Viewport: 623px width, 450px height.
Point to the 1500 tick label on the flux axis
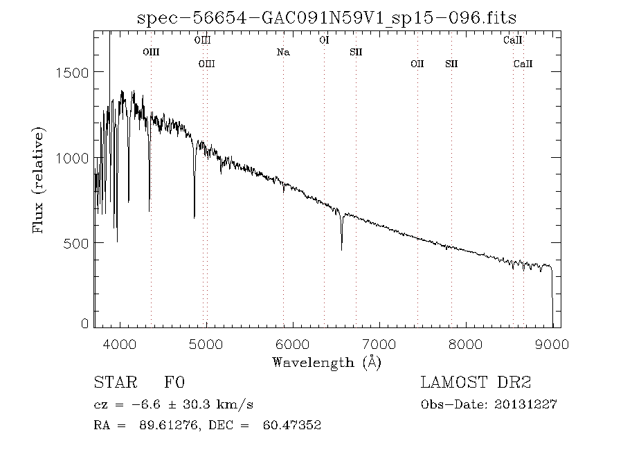coord(71,72)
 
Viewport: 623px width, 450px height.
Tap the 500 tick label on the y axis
coord(75,243)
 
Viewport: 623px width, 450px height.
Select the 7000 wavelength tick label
coord(379,344)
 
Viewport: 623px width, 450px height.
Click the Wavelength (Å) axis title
coord(327,361)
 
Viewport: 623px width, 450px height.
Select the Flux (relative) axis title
coord(39,180)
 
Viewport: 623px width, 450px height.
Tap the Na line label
coord(282,52)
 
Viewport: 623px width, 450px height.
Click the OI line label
coord(324,40)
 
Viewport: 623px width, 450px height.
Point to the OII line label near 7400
coord(417,64)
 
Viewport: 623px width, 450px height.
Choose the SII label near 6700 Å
coord(356,52)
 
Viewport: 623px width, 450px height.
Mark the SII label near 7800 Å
coord(451,64)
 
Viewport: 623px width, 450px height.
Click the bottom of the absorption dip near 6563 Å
coord(341,249)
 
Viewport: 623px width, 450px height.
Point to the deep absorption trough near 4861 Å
coord(195,217)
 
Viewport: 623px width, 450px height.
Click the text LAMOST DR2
coord(476,382)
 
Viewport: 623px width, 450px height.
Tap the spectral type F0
coord(174,382)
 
